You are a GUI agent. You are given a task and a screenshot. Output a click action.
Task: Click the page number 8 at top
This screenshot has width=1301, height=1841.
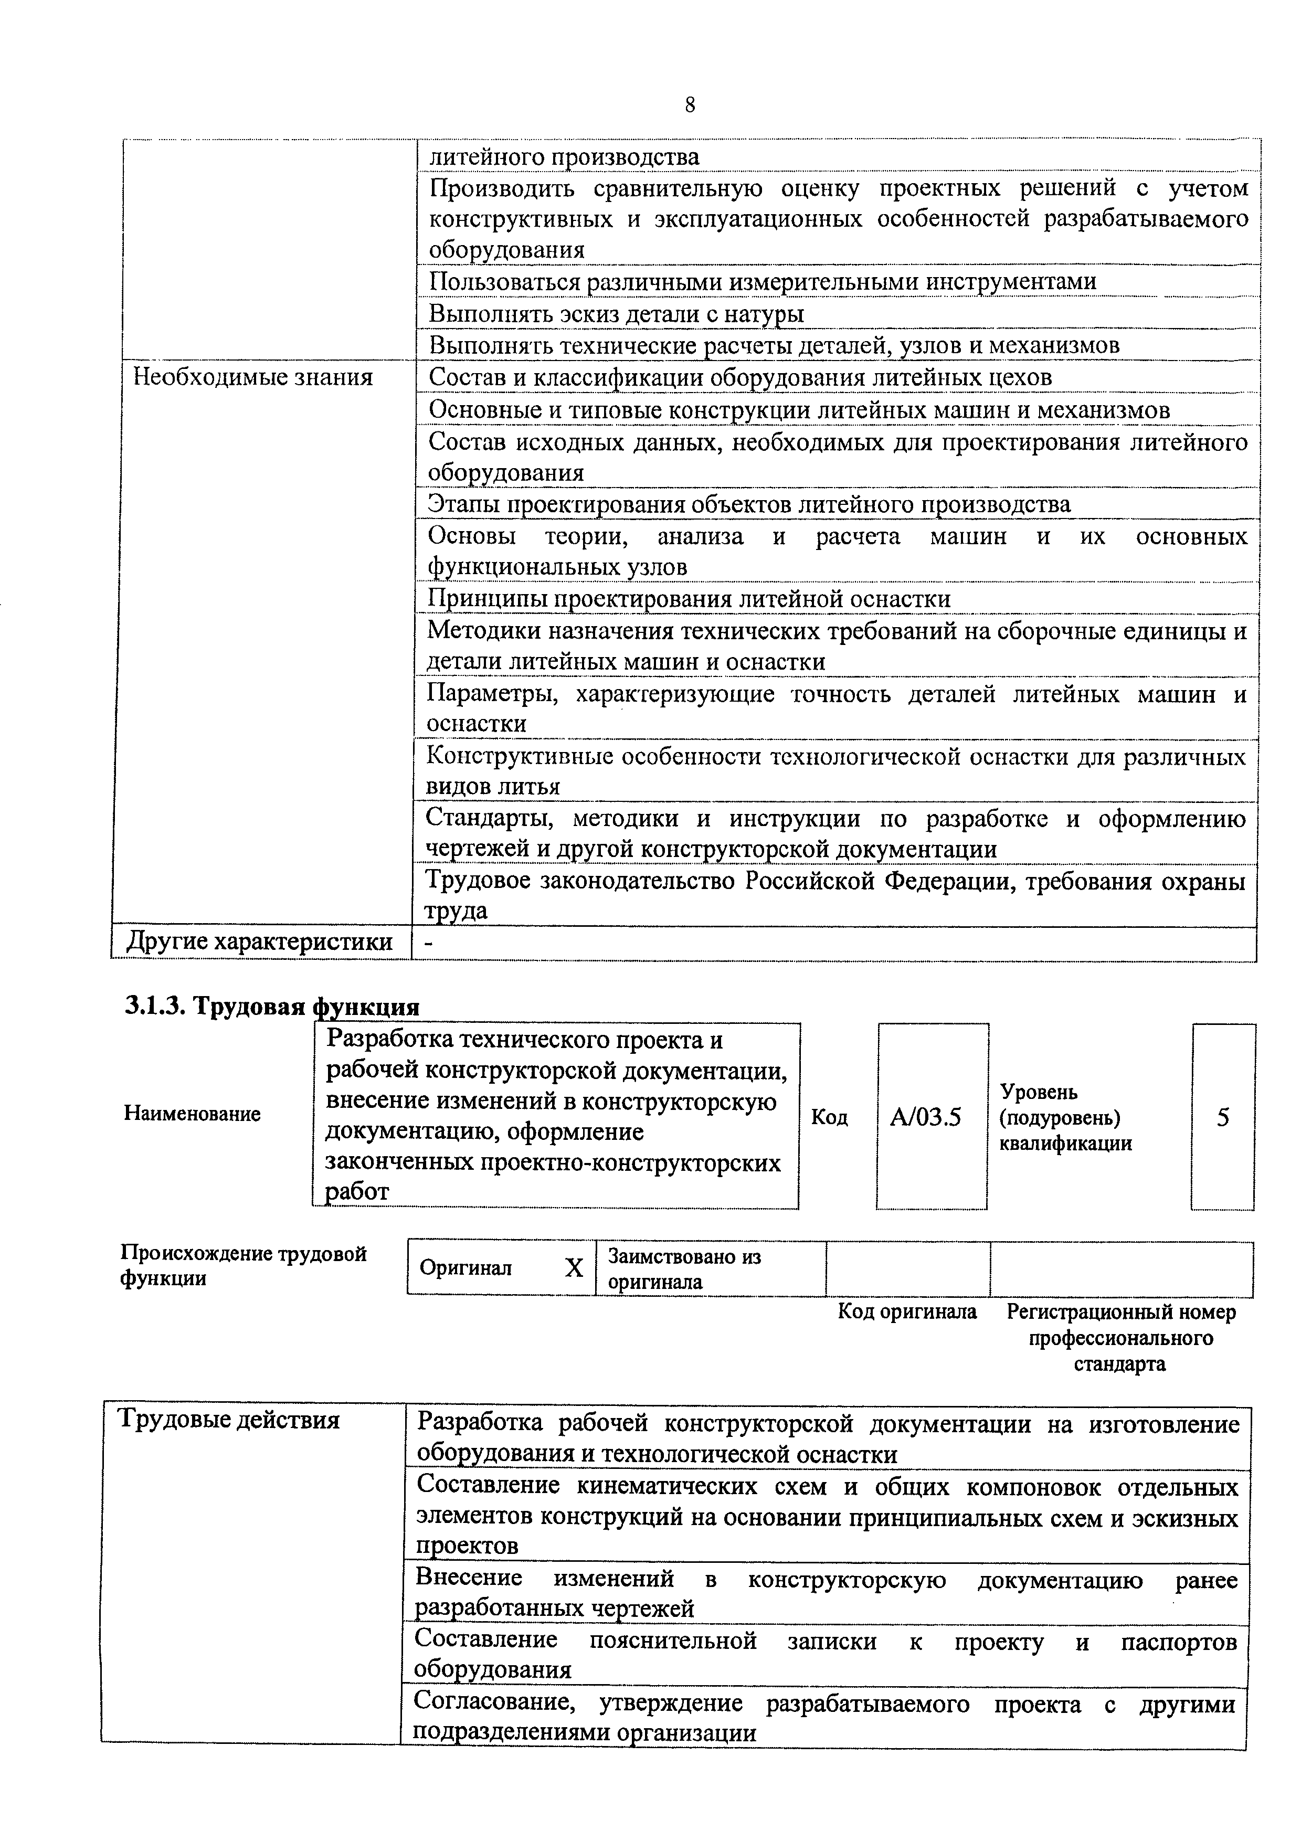click(x=690, y=105)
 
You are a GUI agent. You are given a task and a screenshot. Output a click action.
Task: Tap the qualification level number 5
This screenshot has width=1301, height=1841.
click(x=1222, y=1117)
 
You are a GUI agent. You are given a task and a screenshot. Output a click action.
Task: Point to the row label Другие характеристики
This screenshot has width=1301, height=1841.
click(x=260, y=942)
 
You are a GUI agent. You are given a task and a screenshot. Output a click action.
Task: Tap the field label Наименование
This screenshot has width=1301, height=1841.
click(x=193, y=1114)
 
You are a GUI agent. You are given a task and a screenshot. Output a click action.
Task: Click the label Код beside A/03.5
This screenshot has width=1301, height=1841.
click(x=830, y=1117)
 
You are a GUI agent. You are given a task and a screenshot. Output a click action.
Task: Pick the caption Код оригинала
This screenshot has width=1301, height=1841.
click(x=907, y=1312)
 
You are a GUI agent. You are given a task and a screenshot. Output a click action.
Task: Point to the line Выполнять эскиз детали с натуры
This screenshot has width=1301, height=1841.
click(x=616, y=313)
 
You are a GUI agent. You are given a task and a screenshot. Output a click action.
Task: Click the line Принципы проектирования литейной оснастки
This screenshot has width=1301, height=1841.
click(x=690, y=599)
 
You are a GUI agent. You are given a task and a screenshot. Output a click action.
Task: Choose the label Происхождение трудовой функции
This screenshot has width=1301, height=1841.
click(x=243, y=1265)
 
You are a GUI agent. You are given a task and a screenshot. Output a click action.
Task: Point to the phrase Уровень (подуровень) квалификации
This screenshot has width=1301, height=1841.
click(x=1064, y=1117)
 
